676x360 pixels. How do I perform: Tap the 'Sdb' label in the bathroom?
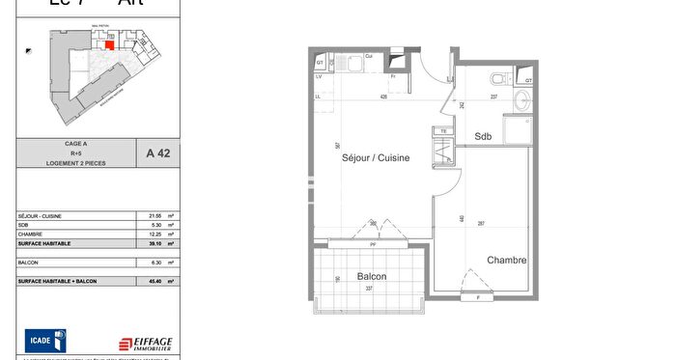click(483, 137)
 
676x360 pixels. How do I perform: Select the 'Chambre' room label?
click(506, 260)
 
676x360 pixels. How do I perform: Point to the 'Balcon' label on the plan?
click(372, 276)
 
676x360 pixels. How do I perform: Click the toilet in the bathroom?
click(495, 78)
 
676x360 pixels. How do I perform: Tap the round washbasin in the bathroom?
click(522, 97)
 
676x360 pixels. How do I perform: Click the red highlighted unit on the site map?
click(109, 44)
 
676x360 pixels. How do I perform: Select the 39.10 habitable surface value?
click(154, 244)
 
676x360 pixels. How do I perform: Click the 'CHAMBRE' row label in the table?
click(30, 235)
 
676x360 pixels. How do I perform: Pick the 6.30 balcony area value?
click(154, 262)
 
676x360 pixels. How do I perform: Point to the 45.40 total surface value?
click(154, 281)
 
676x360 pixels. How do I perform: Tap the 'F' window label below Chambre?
click(476, 297)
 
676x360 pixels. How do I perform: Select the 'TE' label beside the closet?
click(443, 130)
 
